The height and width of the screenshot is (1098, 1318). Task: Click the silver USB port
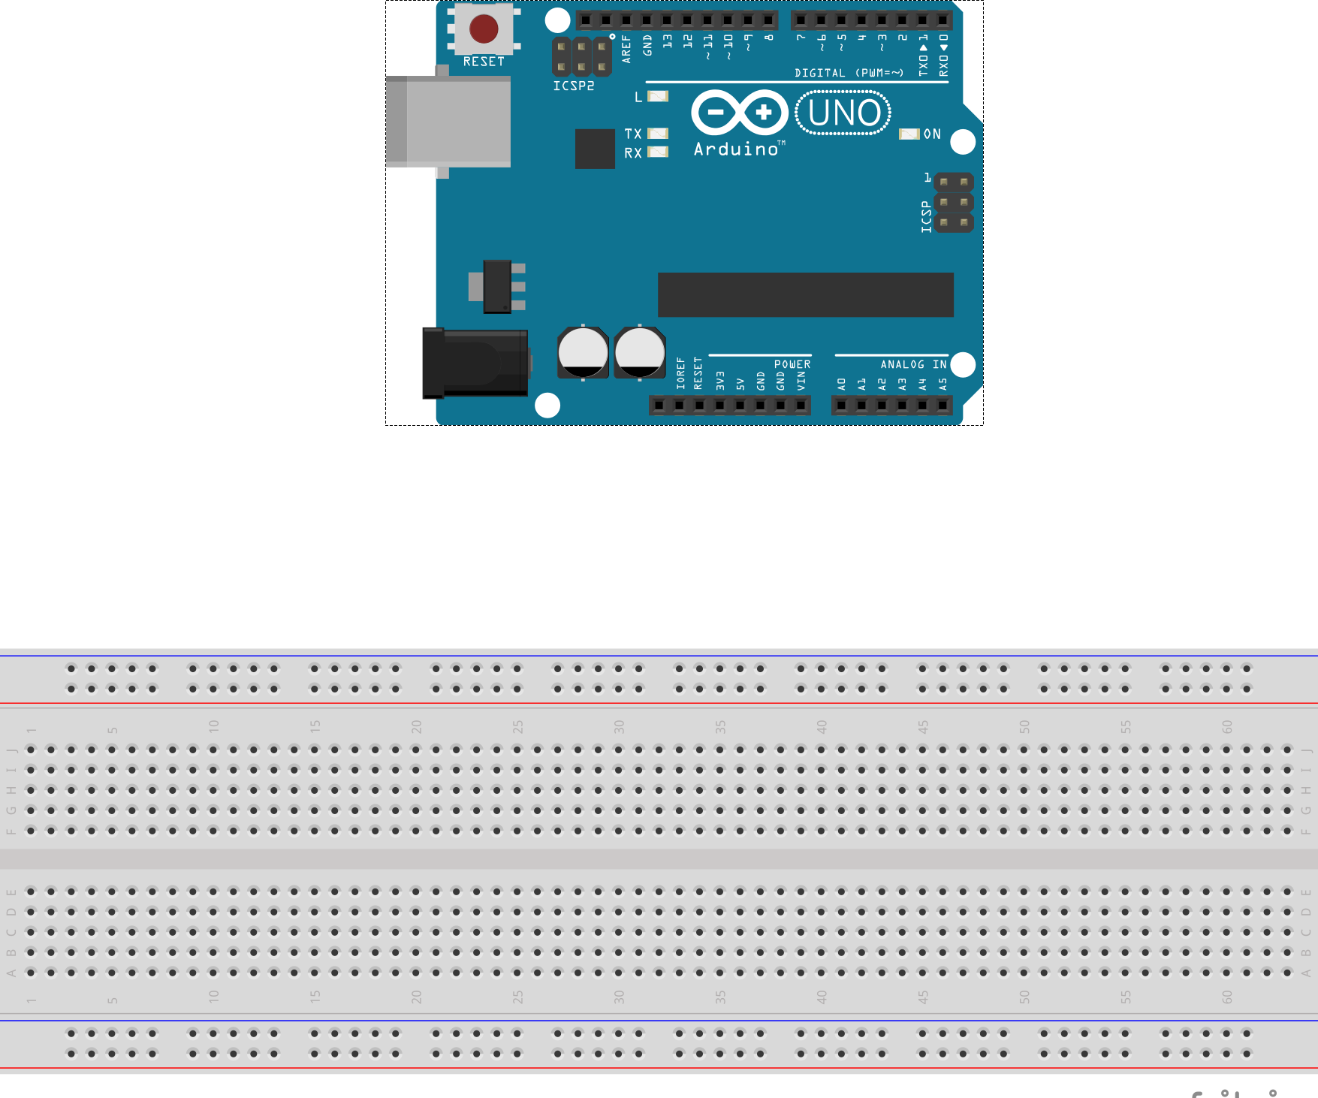coord(448,121)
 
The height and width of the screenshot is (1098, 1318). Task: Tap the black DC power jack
coord(475,363)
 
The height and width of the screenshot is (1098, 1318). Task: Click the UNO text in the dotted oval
coord(844,113)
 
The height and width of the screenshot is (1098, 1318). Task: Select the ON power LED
coord(909,134)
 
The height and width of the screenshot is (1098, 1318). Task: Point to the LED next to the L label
coord(658,96)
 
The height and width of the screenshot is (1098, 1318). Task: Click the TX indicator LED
coord(658,134)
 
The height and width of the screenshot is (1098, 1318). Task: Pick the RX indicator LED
coord(658,152)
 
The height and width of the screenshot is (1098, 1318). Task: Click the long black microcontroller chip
coord(805,294)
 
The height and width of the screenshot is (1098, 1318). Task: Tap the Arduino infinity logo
coord(740,113)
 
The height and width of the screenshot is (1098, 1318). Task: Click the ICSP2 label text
coord(574,86)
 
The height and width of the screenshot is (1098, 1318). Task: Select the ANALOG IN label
coord(913,364)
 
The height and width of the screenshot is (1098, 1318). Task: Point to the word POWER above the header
coord(792,364)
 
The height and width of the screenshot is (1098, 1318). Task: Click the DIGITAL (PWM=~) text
coord(849,73)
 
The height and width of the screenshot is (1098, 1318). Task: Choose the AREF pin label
coord(626,49)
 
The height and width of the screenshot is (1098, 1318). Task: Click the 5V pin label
coord(740,384)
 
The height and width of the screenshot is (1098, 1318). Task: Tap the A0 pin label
coord(842,384)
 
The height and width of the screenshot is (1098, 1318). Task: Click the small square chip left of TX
coord(595,149)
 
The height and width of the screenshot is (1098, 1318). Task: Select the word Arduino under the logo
coord(736,149)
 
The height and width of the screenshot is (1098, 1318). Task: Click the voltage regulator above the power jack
coord(497,286)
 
